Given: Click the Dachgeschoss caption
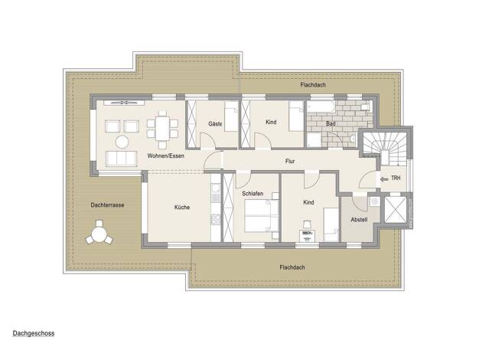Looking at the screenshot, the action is coord(34,333).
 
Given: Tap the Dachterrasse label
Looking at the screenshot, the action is coord(107,205).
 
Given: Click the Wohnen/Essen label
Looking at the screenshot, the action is coord(166,155).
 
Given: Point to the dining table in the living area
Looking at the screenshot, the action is coord(162,129).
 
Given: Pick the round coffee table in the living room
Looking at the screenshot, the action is coord(122,142).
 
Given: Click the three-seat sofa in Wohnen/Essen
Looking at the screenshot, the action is coord(121,159).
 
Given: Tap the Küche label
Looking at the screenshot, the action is coord(182,207).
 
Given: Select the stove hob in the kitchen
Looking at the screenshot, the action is coord(216,219).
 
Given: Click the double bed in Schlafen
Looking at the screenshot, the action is coord(262,215).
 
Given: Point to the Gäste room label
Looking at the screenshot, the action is coord(215,124).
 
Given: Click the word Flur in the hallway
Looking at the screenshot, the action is coord(290,161).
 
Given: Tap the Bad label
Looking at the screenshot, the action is coord(331,123).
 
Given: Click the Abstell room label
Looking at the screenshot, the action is coord(359,220).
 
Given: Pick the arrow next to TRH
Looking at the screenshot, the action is coord(384,179).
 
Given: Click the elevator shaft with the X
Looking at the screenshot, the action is coord(396,210).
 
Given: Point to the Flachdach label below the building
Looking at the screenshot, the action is coord(292,267).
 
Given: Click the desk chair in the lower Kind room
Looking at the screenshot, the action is coord(307,225).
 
